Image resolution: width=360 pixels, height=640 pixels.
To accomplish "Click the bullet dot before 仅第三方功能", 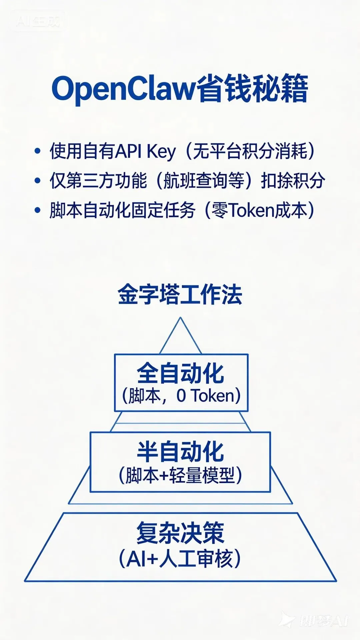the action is tap(37, 181).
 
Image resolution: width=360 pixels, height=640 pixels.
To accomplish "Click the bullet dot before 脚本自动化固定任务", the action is tap(37, 210).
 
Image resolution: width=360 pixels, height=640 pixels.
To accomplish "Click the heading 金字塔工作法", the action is tap(180, 295).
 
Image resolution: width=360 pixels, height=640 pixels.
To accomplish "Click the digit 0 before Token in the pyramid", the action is tap(181, 396).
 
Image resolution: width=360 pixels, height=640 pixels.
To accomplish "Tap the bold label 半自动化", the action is tap(180, 452).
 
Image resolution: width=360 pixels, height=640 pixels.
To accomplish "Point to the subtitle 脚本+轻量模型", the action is tap(180, 475).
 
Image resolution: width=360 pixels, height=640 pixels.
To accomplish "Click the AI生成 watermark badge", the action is tap(38, 21).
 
